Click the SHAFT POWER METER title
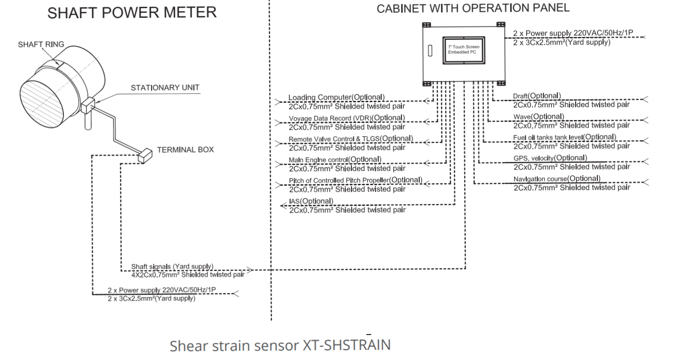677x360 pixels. tap(132, 13)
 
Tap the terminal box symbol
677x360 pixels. tap(144, 155)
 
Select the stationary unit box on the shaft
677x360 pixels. tap(89, 105)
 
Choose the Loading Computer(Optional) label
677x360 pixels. tap(336, 97)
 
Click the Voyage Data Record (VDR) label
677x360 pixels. tap(347, 118)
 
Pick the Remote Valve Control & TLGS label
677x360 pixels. tap(351, 139)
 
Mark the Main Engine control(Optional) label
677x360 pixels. tap(335, 159)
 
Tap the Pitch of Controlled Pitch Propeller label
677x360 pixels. tap(355, 180)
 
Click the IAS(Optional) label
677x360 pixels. tap(311, 201)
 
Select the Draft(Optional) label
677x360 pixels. tap(537, 95)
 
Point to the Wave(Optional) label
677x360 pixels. tap(537, 116)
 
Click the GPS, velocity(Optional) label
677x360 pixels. tap(550, 158)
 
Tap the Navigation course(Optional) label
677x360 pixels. tap(556, 179)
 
